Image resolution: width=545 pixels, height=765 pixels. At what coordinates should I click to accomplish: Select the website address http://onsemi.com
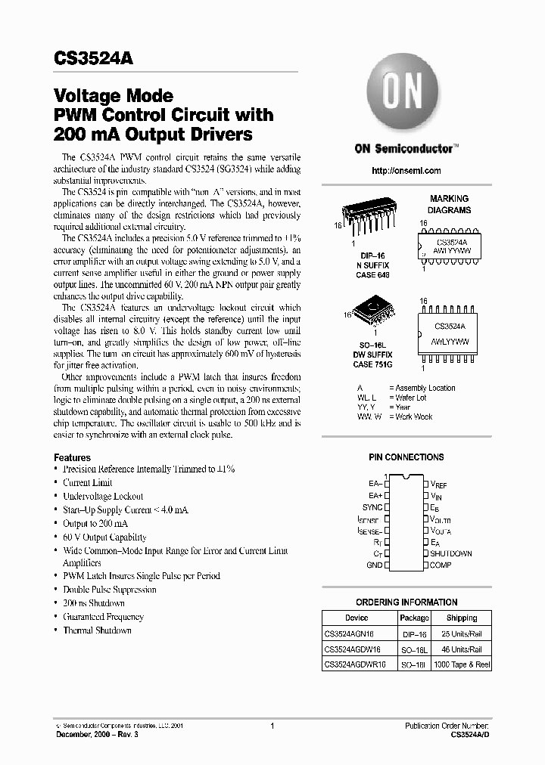tap(406, 172)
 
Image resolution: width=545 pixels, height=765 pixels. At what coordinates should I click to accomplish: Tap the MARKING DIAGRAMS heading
tap(449, 204)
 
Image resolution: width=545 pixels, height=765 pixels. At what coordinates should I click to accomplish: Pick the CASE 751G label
tap(372, 364)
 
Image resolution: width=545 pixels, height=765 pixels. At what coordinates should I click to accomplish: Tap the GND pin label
tap(374, 565)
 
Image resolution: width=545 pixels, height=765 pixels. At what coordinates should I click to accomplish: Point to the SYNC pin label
tap(372, 507)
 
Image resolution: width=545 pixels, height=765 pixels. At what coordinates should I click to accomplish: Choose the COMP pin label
tap(441, 565)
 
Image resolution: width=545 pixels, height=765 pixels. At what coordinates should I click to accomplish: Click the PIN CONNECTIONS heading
tap(406, 457)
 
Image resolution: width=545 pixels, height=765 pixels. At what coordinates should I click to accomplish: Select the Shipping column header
tap(461, 618)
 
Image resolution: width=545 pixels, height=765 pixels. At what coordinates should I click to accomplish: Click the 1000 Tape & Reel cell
tap(461, 664)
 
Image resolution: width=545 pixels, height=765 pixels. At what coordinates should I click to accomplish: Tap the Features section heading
tap(72, 457)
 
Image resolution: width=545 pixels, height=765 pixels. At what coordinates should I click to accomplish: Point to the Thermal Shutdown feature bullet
tap(97, 630)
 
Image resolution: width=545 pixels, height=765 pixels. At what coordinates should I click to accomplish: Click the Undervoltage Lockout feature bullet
tap(103, 496)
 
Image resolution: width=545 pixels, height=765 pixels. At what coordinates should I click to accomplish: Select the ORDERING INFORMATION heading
tap(406, 602)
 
